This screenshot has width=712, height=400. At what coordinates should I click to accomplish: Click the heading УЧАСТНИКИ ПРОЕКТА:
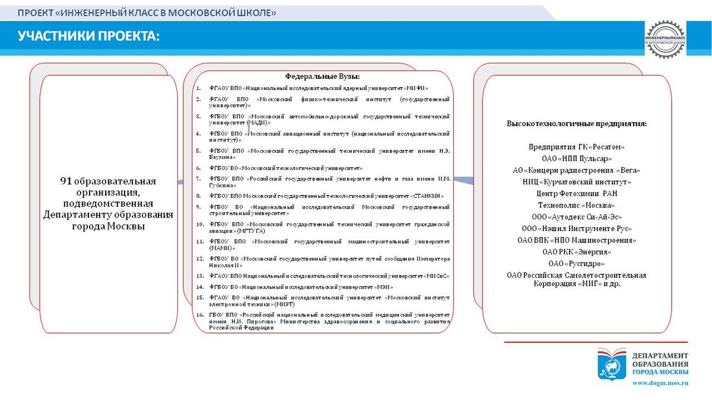point(89,37)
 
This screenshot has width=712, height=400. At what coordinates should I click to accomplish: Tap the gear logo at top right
point(665,39)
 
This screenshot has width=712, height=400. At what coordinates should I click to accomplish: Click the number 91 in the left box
point(66,181)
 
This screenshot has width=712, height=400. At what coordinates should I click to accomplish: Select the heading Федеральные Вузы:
point(322,76)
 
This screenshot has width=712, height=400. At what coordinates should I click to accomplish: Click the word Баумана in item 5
point(221,158)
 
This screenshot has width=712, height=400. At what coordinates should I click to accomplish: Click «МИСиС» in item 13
point(437,276)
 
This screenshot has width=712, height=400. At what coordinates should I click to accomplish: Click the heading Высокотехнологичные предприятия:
point(576,123)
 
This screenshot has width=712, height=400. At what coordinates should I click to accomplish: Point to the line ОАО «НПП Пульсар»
point(577,158)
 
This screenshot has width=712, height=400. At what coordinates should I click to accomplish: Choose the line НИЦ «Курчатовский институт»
point(577,181)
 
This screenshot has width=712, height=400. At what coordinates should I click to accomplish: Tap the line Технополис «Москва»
point(576,204)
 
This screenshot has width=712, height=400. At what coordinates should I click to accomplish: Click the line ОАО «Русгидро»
point(577,263)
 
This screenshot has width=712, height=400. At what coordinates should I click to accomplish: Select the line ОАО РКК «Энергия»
point(577,251)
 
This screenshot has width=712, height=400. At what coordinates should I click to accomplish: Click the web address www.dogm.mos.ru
point(660,383)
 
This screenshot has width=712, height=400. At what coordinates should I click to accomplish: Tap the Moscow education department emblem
point(611,363)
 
